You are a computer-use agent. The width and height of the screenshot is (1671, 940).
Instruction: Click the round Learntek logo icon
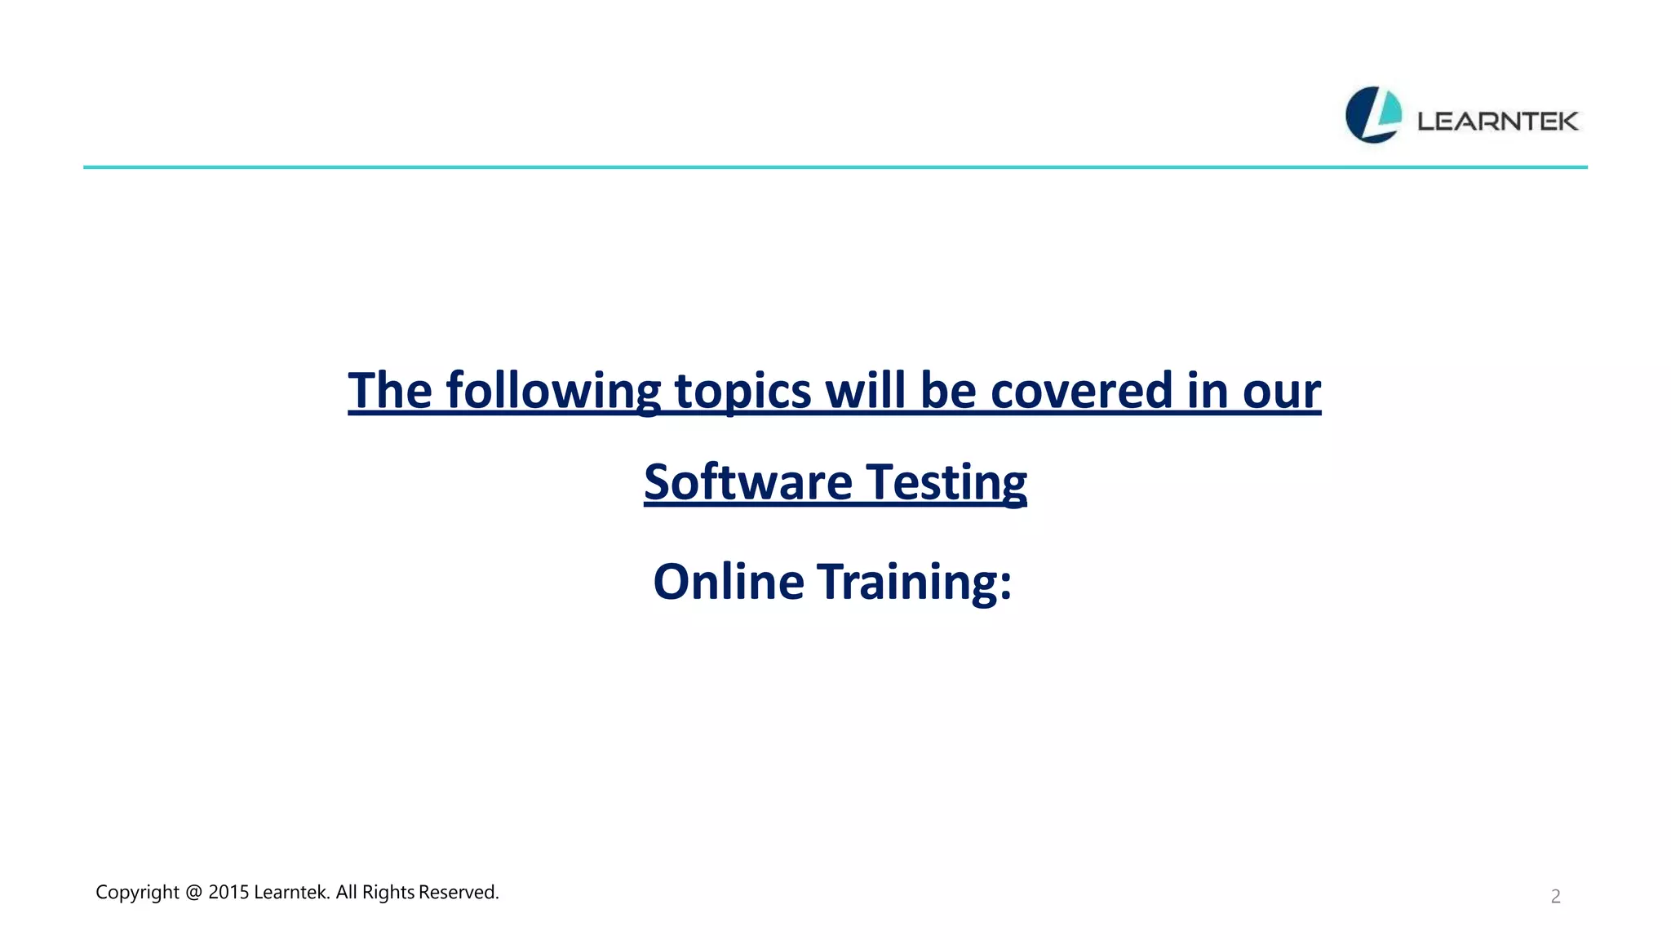[x=1373, y=115]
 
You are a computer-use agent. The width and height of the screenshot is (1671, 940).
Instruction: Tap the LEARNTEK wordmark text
[x=1497, y=122]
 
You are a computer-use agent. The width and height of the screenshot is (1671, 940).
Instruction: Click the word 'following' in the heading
[x=553, y=391]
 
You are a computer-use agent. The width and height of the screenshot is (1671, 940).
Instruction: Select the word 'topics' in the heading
[x=742, y=391]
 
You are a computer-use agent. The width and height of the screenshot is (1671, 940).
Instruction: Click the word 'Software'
[x=747, y=482]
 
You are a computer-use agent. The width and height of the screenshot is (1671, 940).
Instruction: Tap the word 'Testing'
[x=946, y=482]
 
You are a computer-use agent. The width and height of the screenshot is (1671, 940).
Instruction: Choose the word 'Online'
[x=729, y=582]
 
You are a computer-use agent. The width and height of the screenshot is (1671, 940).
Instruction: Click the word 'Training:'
[x=915, y=582]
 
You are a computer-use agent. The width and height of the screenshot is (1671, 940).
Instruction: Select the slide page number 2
[x=1555, y=897]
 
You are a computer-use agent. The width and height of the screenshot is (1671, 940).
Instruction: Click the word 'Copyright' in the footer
[x=137, y=893]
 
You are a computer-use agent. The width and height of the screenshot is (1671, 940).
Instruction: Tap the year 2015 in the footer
[x=228, y=893]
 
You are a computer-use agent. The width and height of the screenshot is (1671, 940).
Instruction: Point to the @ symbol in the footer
[x=193, y=893]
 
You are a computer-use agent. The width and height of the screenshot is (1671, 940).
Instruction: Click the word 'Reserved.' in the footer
[x=459, y=893]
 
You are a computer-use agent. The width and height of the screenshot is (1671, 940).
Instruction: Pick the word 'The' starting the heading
[x=390, y=391]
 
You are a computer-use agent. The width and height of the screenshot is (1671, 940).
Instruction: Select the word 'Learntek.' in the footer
[x=292, y=893]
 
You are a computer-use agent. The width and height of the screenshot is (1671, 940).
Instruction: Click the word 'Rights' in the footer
[x=388, y=893]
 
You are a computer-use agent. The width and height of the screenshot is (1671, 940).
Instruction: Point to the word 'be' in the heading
[x=948, y=391]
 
